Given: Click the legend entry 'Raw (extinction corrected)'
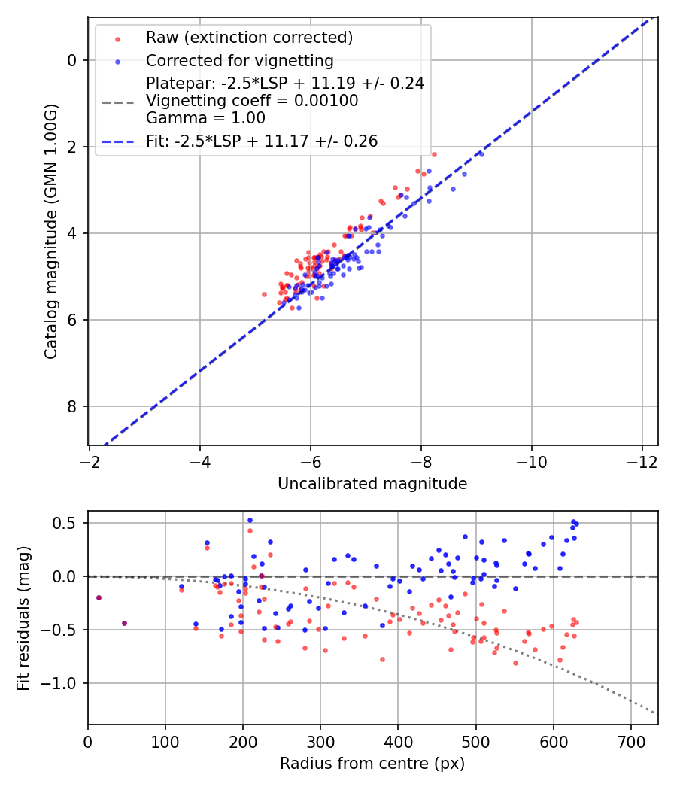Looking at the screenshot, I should (x=249, y=38).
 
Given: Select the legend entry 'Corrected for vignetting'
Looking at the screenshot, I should (x=239, y=60).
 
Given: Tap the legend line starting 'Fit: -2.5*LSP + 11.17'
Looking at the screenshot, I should (x=262, y=141).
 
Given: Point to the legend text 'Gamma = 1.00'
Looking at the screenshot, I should (x=205, y=117).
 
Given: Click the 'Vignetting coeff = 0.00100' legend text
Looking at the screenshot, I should (x=252, y=101).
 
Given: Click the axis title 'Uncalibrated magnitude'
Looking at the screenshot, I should (x=372, y=484).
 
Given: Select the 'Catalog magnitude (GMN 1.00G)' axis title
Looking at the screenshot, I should (x=51, y=233).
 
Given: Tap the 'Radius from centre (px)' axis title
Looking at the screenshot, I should (x=372, y=764).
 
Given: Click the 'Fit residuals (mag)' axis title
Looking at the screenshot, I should (x=23, y=618).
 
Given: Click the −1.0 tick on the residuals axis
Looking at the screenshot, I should (x=66, y=683).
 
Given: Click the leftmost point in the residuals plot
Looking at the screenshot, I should (x=99, y=597).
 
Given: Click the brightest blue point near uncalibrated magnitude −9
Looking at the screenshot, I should (x=481, y=153).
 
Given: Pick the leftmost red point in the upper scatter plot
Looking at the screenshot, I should (x=264, y=294).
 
